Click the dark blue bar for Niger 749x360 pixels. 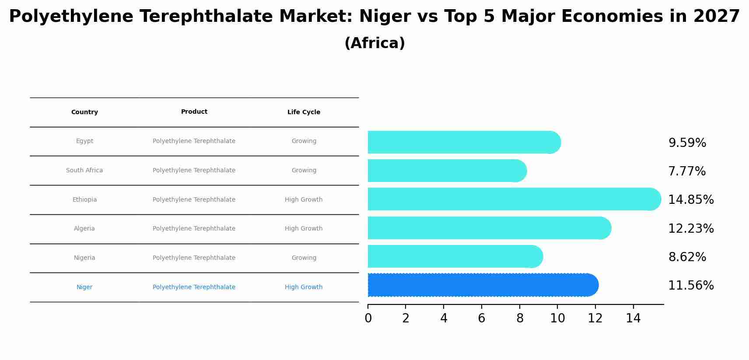[481, 285]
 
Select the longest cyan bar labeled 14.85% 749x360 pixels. [512, 199]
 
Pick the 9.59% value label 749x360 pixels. [687, 143]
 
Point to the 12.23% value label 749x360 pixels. [690, 228]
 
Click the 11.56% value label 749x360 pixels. [690, 286]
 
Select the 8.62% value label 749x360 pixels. [687, 257]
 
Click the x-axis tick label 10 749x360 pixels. [557, 318]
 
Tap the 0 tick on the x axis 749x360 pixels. [368, 318]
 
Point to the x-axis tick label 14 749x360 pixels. [633, 318]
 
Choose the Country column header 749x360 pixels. [84, 112]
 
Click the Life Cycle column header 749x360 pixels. [304, 112]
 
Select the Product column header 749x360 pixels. [194, 112]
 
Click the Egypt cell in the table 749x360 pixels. [84, 141]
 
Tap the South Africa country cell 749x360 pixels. [84, 171]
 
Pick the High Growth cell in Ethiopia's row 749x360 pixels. [304, 199]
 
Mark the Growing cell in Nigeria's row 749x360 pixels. [304, 258]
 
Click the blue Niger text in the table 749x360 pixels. [84, 287]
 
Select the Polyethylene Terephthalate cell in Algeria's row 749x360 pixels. [194, 229]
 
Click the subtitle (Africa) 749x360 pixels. [374, 43]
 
